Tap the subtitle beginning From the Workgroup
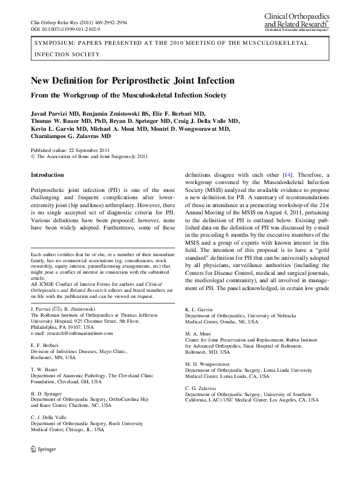click(x=128, y=95)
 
